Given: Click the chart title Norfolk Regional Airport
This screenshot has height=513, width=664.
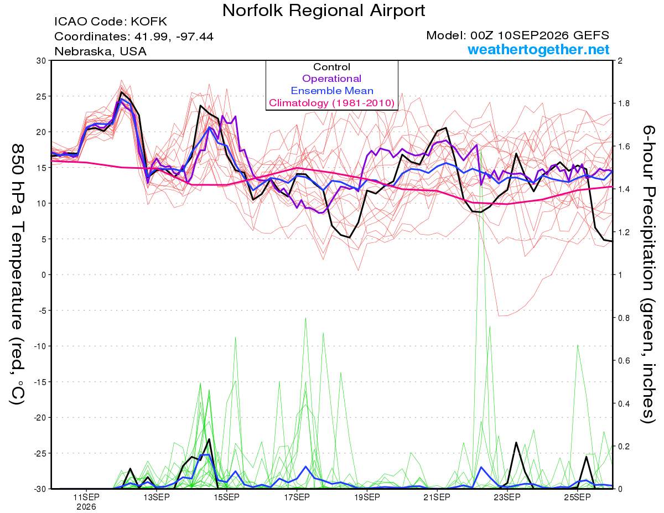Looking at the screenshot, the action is click(324, 11).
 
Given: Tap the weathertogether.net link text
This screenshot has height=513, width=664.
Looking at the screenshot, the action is click(538, 49).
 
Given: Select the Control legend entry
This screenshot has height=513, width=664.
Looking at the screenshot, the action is click(331, 67).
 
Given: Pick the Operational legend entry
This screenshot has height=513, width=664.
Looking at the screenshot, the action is click(331, 79).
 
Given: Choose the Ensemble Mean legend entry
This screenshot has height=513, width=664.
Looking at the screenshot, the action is click(332, 91).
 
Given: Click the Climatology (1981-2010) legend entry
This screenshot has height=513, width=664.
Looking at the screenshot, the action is click(331, 103).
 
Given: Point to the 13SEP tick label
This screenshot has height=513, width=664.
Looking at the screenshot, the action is click(157, 497).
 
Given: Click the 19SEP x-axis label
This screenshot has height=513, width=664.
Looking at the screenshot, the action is click(367, 497).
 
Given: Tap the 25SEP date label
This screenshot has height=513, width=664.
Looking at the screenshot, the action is click(577, 497).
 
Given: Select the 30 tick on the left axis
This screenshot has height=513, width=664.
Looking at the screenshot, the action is click(41, 61).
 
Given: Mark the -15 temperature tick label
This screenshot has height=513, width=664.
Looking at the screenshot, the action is click(40, 382).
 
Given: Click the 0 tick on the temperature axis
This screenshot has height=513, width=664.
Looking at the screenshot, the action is click(44, 275).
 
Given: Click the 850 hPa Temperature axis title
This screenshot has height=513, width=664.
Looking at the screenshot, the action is click(18, 274).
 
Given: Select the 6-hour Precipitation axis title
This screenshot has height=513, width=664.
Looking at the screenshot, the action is click(649, 274).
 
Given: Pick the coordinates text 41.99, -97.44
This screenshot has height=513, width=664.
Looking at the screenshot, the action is click(174, 37).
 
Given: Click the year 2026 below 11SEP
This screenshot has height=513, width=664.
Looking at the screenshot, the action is click(86, 507).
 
